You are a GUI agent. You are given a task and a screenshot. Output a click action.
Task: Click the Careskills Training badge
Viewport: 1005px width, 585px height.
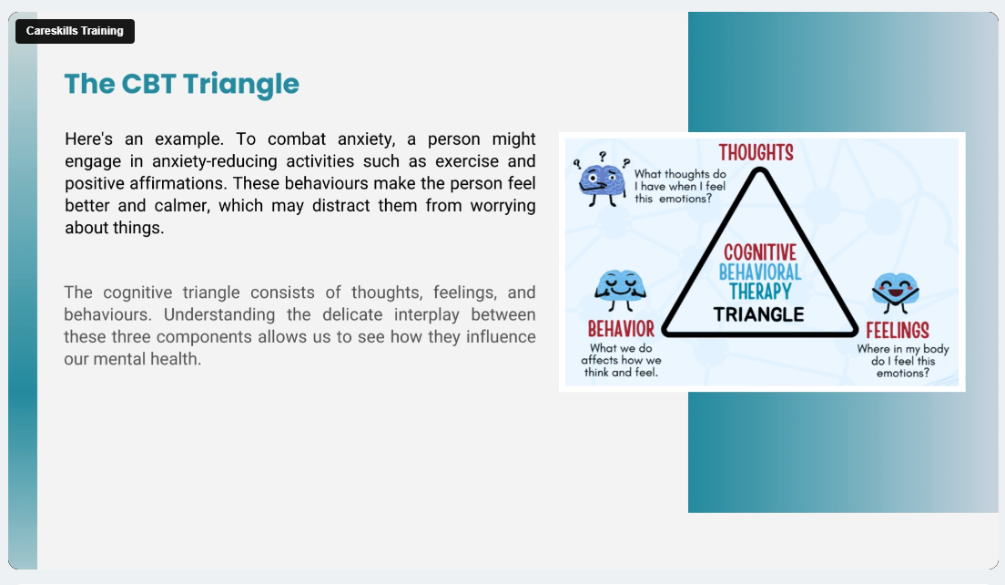[75, 31]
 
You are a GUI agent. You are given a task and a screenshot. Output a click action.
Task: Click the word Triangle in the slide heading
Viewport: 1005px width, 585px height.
[240, 85]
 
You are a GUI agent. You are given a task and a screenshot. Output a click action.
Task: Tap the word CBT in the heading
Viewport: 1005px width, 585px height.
[148, 84]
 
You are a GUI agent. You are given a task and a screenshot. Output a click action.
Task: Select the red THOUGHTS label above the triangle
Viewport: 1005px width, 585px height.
[756, 153]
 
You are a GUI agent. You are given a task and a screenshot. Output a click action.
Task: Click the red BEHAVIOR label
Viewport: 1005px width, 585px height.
[621, 329]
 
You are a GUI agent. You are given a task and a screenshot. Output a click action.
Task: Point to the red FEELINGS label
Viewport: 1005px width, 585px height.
[898, 331]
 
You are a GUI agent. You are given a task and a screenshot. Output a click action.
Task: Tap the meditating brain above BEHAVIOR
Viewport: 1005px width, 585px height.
[620, 291]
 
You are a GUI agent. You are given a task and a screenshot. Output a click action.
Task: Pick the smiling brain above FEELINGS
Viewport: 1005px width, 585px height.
[896, 292]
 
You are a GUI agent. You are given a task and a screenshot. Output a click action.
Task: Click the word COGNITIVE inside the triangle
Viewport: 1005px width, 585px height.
[760, 252]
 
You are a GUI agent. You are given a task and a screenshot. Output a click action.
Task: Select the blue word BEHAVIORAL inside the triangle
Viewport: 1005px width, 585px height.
[760, 272]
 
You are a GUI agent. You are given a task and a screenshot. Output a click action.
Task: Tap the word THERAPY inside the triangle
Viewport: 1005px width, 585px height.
[760, 292]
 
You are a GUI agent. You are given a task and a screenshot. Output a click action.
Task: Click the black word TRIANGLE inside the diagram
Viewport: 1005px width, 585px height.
[759, 314]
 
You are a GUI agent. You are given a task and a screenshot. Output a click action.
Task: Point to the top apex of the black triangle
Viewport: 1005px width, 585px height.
[760, 169]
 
